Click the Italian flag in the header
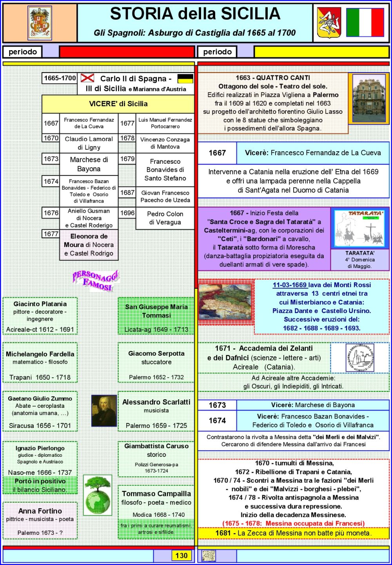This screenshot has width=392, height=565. click(365, 22)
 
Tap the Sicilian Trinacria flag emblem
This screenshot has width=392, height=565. click(329, 23)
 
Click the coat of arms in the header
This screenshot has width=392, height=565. click(40, 23)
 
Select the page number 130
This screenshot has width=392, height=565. click(181, 556)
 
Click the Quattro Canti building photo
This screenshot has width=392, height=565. click(369, 98)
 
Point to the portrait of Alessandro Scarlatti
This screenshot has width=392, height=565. click(104, 411)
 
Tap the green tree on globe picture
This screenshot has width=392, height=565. click(98, 495)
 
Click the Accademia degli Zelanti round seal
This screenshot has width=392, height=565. click(360, 357)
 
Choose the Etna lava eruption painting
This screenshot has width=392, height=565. click(225, 302)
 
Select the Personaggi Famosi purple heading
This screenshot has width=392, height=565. click(96, 281)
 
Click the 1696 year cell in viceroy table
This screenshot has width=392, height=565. click(127, 213)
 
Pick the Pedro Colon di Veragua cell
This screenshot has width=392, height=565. click(165, 218)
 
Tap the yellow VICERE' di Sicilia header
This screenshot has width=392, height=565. click(118, 104)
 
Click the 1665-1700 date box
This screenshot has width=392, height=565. click(60, 78)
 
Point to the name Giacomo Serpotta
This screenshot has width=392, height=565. click(156, 353)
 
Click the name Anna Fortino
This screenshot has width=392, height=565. click(40, 511)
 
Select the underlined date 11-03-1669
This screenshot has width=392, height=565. click(290, 285)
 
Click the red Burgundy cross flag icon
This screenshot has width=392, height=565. click(87, 78)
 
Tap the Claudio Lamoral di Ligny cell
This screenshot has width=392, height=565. click(89, 143)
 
